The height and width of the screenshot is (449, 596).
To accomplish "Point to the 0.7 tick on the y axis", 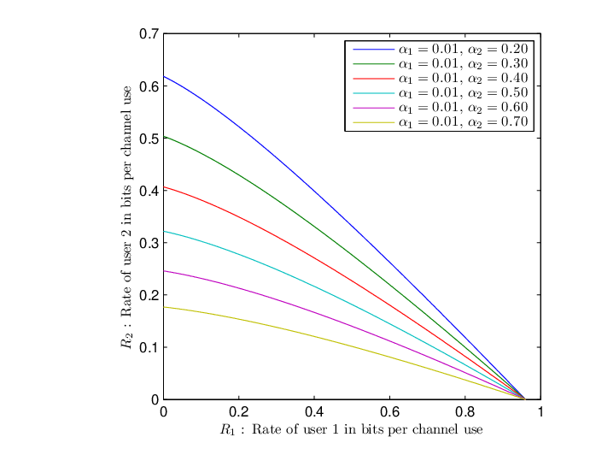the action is pyautogui.click(x=149, y=34).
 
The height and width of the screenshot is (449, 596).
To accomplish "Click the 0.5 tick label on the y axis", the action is pyautogui.click(x=149, y=139).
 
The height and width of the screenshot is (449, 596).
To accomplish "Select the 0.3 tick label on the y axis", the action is pyautogui.click(x=149, y=243).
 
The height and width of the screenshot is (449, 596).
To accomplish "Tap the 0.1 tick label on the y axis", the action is pyautogui.click(x=149, y=348).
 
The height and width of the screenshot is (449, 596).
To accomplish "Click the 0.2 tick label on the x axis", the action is pyautogui.click(x=239, y=411).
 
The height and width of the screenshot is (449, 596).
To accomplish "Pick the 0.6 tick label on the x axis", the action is pyautogui.click(x=389, y=411).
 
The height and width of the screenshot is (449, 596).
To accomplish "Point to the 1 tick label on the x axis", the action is pyautogui.click(x=540, y=411).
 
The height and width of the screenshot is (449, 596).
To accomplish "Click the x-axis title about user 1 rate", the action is pyautogui.click(x=351, y=429).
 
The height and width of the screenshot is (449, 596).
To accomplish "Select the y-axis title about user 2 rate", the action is pyautogui.click(x=126, y=217).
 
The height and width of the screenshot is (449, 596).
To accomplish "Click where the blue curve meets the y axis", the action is pyautogui.click(x=164, y=77).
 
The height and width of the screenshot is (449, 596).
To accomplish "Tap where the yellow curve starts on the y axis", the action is pyautogui.click(x=164, y=307).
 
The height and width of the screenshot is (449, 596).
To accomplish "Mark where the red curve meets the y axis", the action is pyautogui.click(x=164, y=186).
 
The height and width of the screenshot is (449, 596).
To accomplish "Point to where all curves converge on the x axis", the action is pyautogui.click(x=525, y=399).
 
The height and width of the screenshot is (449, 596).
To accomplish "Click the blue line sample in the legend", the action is pyautogui.click(x=373, y=50).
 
